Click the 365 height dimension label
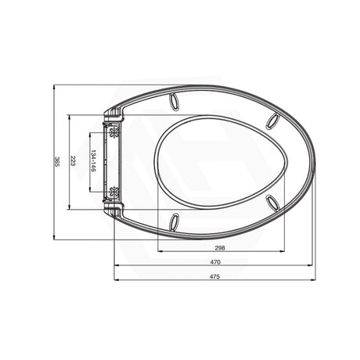pyautogui.click(x=56, y=162)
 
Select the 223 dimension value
pyautogui.click(x=73, y=162)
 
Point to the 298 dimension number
pyautogui.click(x=220, y=248)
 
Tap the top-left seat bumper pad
pyautogui.click(x=173, y=101)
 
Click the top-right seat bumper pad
pyautogui.click(x=274, y=120)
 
